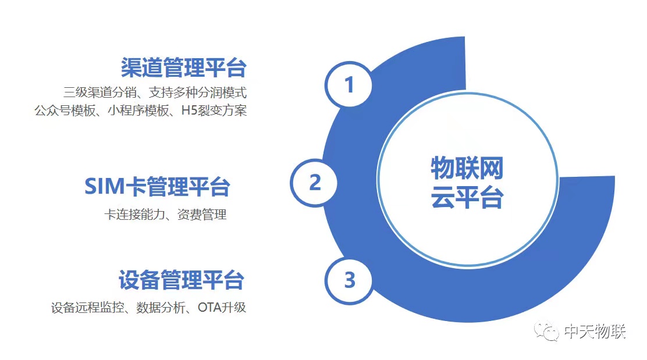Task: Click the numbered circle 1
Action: pyautogui.click(x=349, y=84)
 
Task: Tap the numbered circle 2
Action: pyautogui.click(x=314, y=183)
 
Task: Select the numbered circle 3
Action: pyautogui.click(x=349, y=280)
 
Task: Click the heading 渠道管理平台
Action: pyautogui.click(x=184, y=67)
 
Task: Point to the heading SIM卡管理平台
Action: pyautogui.click(x=157, y=186)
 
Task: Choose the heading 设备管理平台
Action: pyautogui.click(x=182, y=280)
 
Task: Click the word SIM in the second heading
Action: pyautogui.click(x=104, y=186)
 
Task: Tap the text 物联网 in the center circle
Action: pyautogui.click(x=467, y=168)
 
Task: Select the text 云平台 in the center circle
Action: pyautogui.click(x=467, y=197)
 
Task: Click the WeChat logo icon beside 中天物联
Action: pyautogui.click(x=546, y=330)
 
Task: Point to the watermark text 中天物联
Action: pyautogui.click(x=595, y=331)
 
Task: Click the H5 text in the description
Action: pyautogui.click(x=189, y=111)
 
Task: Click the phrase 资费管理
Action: pyautogui.click(x=202, y=215)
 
